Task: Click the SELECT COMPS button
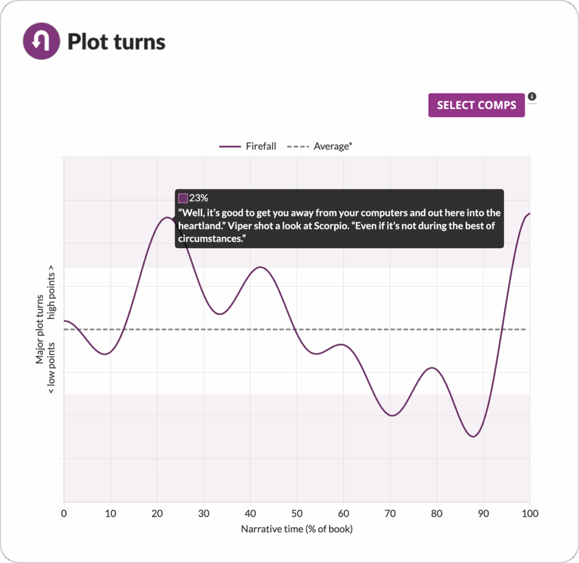click(476, 105)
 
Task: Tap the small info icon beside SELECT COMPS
click(532, 97)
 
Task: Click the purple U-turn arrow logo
click(40, 41)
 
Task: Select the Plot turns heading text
click(116, 42)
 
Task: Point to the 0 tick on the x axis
click(64, 513)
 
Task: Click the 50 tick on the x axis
click(297, 513)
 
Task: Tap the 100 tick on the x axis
click(530, 513)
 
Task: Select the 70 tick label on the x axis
click(390, 513)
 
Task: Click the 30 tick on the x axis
click(204, 513)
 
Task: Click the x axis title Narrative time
click(297, 529)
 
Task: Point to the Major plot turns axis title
click(40, 330)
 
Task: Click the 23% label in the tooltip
click(198, 198)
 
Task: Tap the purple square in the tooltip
click(183, 198)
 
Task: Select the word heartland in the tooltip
click(199, 226)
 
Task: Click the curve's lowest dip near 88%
click(473, 436)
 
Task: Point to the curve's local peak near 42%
click(260, 267)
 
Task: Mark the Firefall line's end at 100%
click(529, 214)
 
